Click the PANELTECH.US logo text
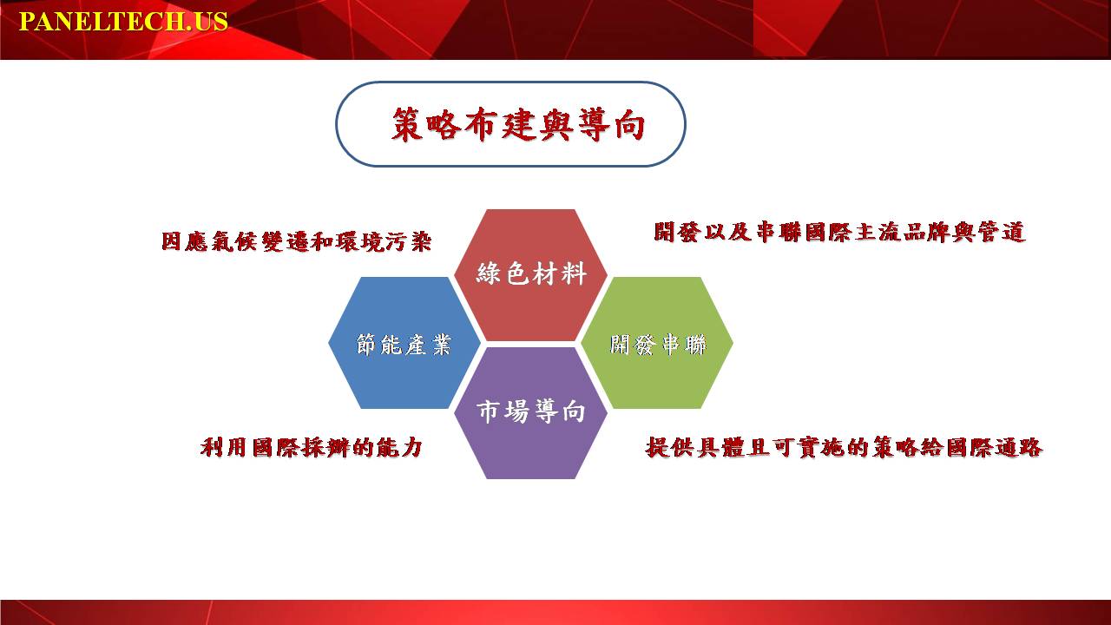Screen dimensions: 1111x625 pyautogui.click(x=123, y=22)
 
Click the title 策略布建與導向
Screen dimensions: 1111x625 pyautogui.click(x=518, y=124)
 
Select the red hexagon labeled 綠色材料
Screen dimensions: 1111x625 pyautogui.click(x=530, y=275)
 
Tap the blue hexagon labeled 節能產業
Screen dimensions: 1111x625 pyautogui.click(x=404, y=343)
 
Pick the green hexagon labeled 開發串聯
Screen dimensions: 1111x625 pyautogui.click(x=657, y=343)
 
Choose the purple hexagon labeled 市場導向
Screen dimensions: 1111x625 pyautogui.click(x=530, y=412)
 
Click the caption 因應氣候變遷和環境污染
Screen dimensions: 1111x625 pyautogui.click(x=297, y=241)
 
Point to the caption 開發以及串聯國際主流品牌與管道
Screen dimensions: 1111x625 pyautogui.click(x=839, y=232)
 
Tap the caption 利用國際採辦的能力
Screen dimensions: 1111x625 pyautogui.click(x=312, y=447)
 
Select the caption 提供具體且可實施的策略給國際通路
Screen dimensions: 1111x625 pyautogui.click(x=844, y=447)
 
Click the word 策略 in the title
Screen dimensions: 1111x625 pyautogui.click(x=426, y=124)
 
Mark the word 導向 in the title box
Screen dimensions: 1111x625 pyautogui.click(x=611, y=124)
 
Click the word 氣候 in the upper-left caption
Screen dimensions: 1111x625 pyautogui.click(x=234, y=241)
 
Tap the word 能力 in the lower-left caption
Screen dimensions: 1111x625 pyautogui.click(x=399, y=447)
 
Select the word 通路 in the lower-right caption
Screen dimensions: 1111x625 pyautogui.click(x=1018, y=447)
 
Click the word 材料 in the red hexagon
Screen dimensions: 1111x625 pyautogui.click(x=560, y=273)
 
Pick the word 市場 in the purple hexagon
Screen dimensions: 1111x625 pyautogui.click(x=503, y=411)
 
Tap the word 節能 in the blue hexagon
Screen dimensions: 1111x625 pyautogui.click(x=379, y=345)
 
